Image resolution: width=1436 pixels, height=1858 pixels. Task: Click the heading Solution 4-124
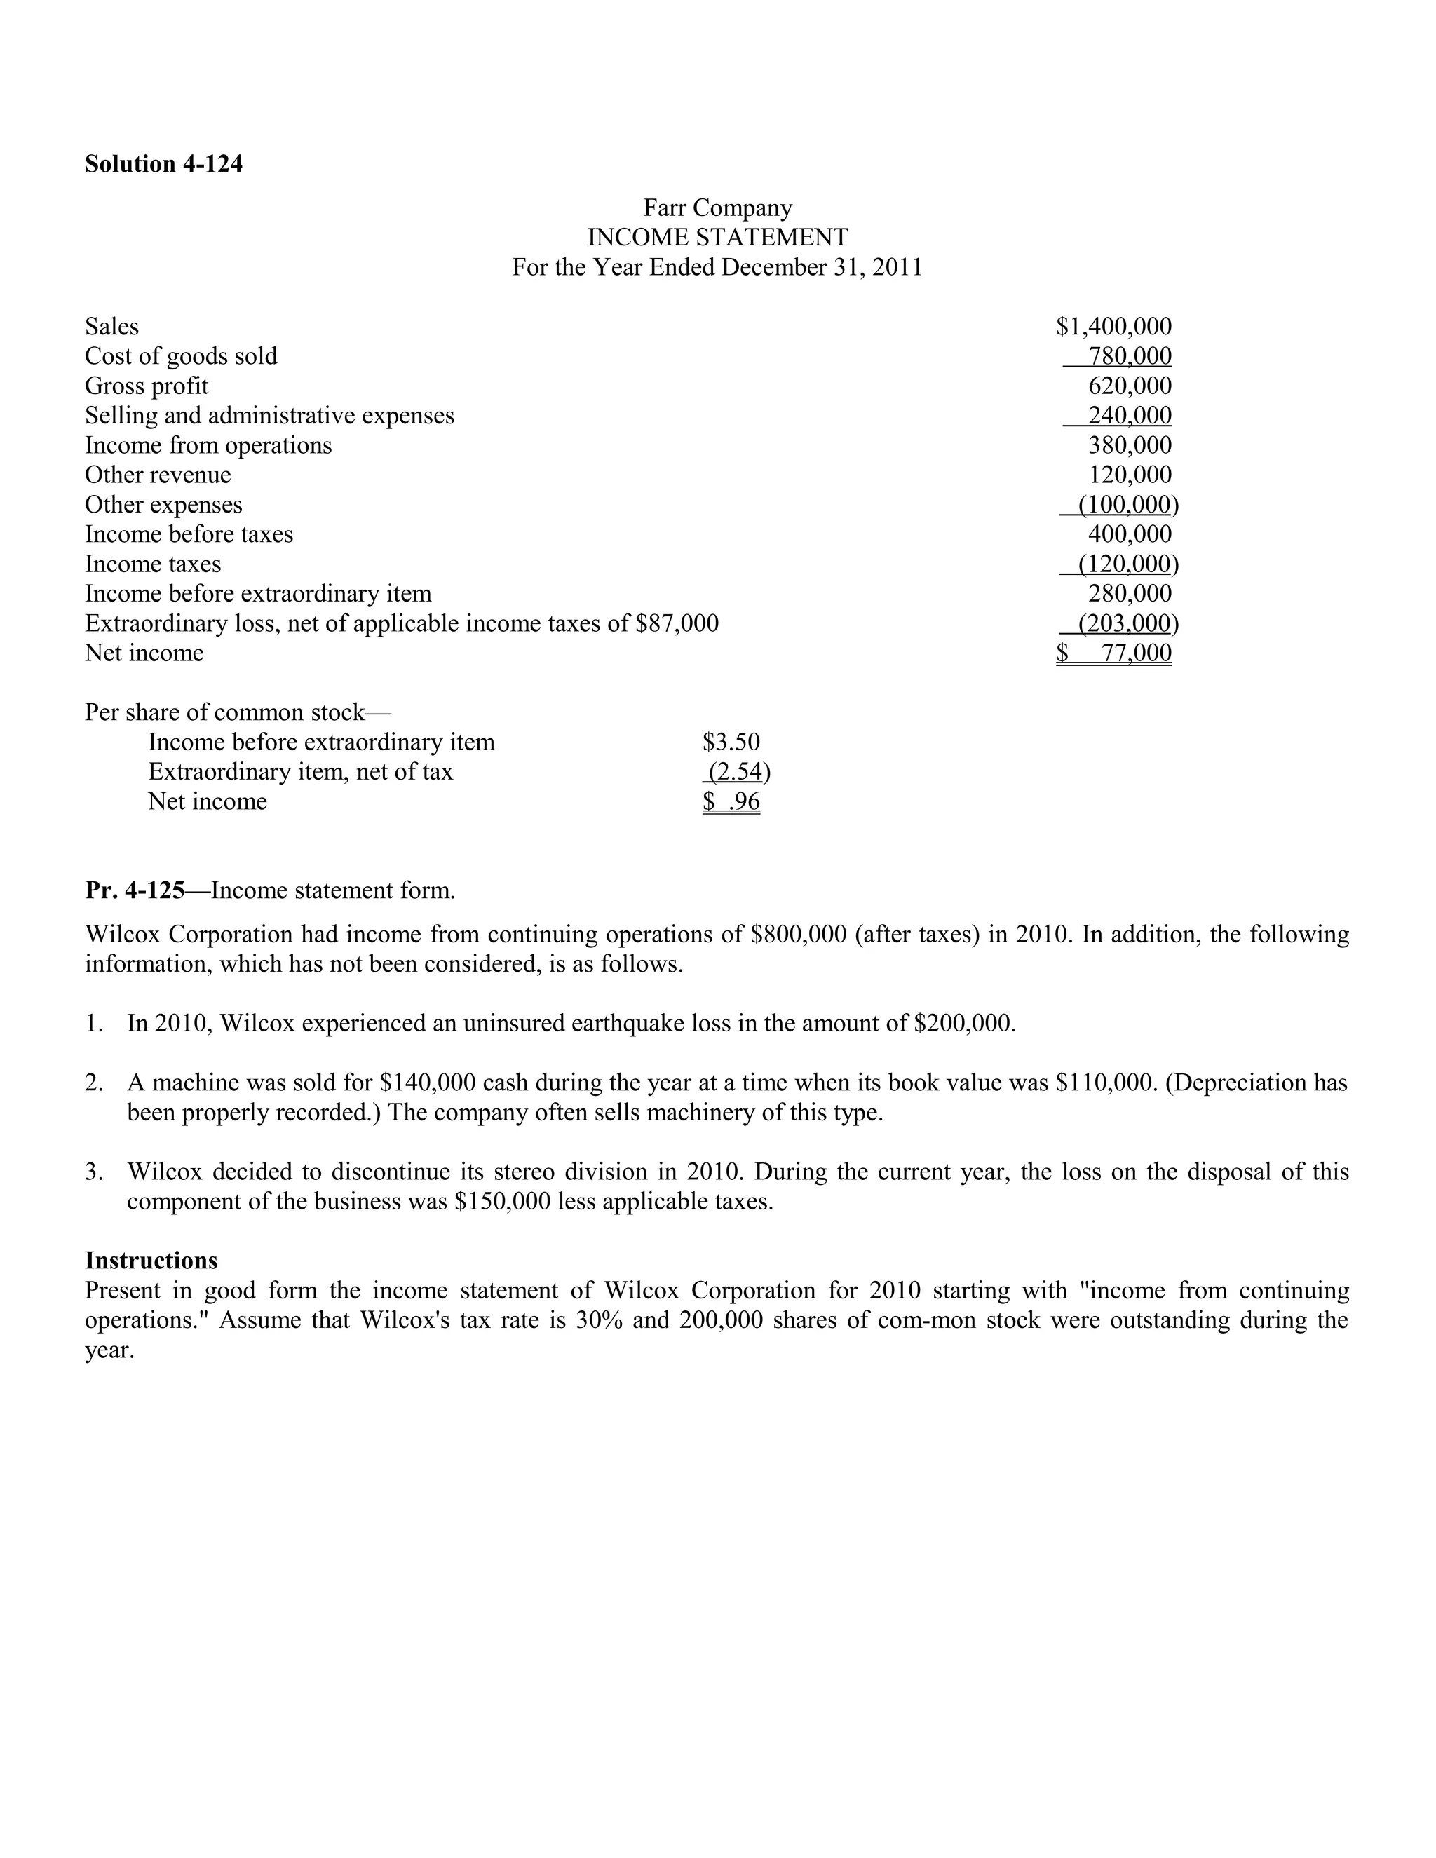click(163, 163)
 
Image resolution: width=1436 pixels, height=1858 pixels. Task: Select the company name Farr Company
click(717, 208)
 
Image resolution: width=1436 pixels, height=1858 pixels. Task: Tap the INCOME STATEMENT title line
click(717, 238)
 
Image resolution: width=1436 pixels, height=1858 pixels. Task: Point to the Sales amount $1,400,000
click(1113, 327)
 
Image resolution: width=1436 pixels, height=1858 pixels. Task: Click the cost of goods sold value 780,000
click(1130, 356)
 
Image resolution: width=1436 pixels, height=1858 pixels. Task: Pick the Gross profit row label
click(147, 386)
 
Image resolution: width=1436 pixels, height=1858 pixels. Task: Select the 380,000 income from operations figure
click(1130, 446)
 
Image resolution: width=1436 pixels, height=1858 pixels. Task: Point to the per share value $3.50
click(731, 742)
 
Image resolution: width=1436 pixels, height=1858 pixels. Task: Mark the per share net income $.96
click(731, 802)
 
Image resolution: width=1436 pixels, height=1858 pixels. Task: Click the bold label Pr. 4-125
click(135, 890)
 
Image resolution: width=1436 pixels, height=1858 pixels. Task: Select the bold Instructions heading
click(151, 1261)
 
